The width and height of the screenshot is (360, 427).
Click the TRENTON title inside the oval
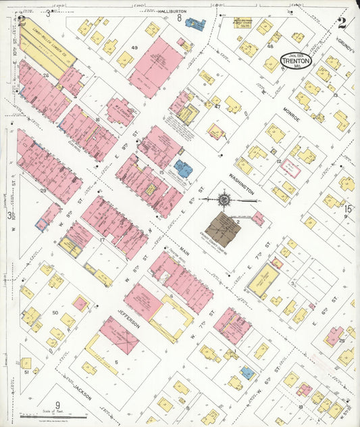297,60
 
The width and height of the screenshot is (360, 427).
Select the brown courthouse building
223,230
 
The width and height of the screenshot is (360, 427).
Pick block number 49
134,47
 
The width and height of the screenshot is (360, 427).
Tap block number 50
55,313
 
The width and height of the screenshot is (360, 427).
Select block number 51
26,372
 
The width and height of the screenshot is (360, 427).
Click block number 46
270,46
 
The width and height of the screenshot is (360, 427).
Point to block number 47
217,106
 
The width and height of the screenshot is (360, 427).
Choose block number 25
342,341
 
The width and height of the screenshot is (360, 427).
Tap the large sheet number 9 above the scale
67,405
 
